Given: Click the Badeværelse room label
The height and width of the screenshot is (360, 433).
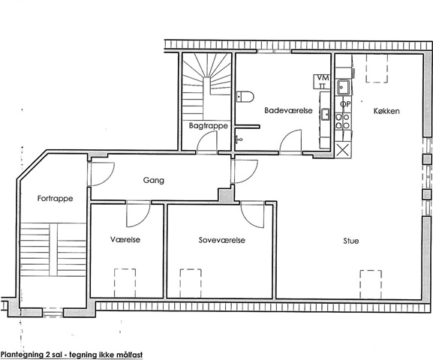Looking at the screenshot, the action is click(x=288, y=110).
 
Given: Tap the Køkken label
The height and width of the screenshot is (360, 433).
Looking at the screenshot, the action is click(x=386, y=111).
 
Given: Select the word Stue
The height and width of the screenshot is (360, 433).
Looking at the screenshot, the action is click(x=351, y=241).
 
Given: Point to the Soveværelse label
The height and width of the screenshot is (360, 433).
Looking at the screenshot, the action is click(x=221, y=240).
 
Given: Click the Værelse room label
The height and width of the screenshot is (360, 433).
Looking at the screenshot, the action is click(x=125, y=239).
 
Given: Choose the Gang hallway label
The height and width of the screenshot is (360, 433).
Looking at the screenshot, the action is click(x=154, y=180).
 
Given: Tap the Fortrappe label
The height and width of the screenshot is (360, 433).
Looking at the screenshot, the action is click(x=56, y=198).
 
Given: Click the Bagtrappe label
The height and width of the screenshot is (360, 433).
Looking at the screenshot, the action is click(x=208, y=126).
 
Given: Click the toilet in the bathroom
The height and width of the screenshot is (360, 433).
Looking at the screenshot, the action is click(x=245, y=97).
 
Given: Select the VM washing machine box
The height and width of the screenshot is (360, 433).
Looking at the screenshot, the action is click(x=322, y=82).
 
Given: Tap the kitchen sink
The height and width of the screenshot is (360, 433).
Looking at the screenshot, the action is click(x=343, y=87).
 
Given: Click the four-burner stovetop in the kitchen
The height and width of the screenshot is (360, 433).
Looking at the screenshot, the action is click(x=342, y=121).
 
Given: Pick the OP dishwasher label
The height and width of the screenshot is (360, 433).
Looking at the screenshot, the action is click(x=345, y=104).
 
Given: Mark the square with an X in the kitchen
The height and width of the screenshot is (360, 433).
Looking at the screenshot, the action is click(x=343, y=150).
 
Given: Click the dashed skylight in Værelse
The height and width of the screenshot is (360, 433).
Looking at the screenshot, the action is click(x=125, y=283).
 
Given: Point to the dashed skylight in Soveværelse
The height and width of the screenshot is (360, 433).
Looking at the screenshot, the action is click(x=191, y=283).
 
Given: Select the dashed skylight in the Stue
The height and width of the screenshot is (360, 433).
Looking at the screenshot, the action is click(x=371, y=284).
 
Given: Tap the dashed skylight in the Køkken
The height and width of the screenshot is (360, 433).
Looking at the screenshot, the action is click(x=377, y=68).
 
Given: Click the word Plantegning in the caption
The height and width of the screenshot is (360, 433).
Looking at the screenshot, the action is click(x=21, y=355).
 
